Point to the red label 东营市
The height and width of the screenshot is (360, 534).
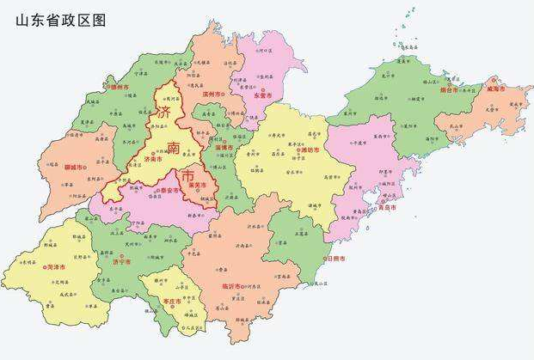(x=262, y=95)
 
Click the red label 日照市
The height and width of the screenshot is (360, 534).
(x=335, y=258)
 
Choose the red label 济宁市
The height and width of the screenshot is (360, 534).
(x=122, y=260)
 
